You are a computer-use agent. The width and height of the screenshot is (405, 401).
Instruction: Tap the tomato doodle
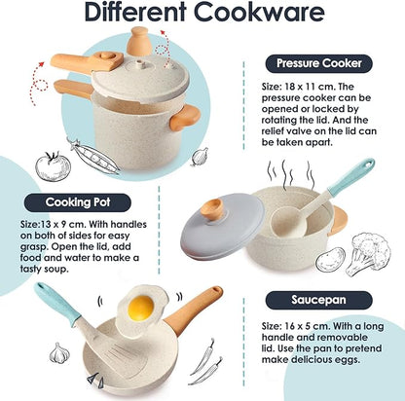[x=51, y=164]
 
